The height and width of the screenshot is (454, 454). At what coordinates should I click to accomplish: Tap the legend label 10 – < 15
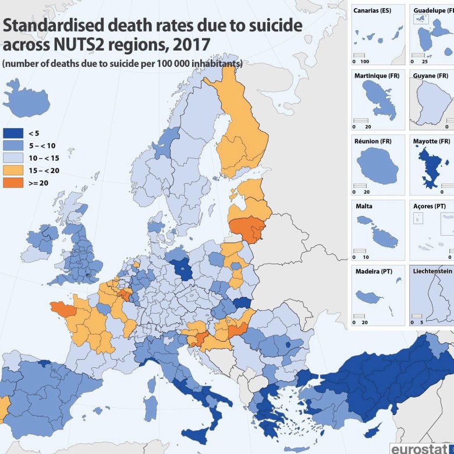point(44,158)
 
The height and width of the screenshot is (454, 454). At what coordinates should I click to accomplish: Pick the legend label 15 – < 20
point(44,170)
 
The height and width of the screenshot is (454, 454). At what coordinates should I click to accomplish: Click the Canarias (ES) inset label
point(373,10)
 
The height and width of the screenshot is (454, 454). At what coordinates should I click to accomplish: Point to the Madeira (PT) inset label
point(372,271)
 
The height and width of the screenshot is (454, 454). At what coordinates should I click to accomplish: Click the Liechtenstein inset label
point(432,271)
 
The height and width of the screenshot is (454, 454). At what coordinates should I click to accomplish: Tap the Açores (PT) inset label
point(430,206)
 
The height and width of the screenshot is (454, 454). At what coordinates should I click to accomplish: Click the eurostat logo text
point(421,448)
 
